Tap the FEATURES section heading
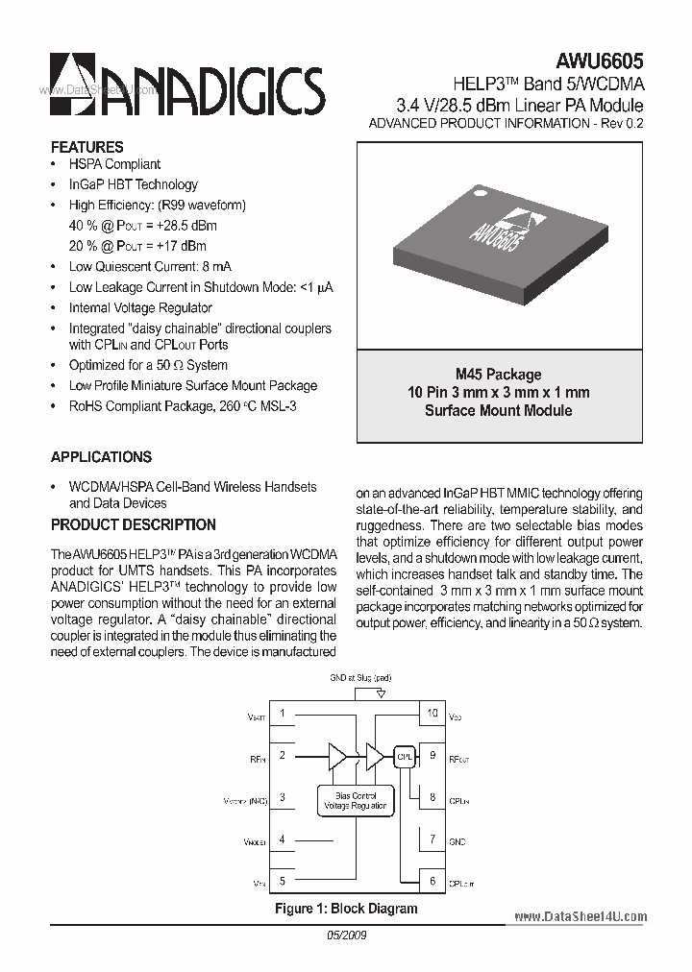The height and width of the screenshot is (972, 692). tap(86, 147)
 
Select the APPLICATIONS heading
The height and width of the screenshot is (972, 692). tap(101, 457)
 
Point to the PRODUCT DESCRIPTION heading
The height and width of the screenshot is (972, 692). tap(133, 524)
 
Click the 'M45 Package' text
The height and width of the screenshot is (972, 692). tap(498, 375)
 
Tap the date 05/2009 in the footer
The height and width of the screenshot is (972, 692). tap(346, 935)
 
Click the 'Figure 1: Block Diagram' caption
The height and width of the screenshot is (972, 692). tap(346, 909)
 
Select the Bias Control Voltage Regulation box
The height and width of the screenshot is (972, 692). tap(356, 800)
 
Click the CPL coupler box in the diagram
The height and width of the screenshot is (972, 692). tap(405, 756)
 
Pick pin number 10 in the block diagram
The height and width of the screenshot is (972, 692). tap(432, 714)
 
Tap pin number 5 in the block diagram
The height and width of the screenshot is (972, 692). tap(282, 880)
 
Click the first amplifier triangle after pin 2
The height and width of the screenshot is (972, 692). tap(337, 756)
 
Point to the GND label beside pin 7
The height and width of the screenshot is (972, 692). tap(457, 841)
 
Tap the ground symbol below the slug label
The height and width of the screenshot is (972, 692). tap(382, 693)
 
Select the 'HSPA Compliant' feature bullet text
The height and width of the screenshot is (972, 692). tap(114, 164)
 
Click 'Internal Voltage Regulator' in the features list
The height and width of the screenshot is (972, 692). tap(140, 307)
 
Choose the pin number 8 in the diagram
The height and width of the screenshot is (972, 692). tap(432, 797)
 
